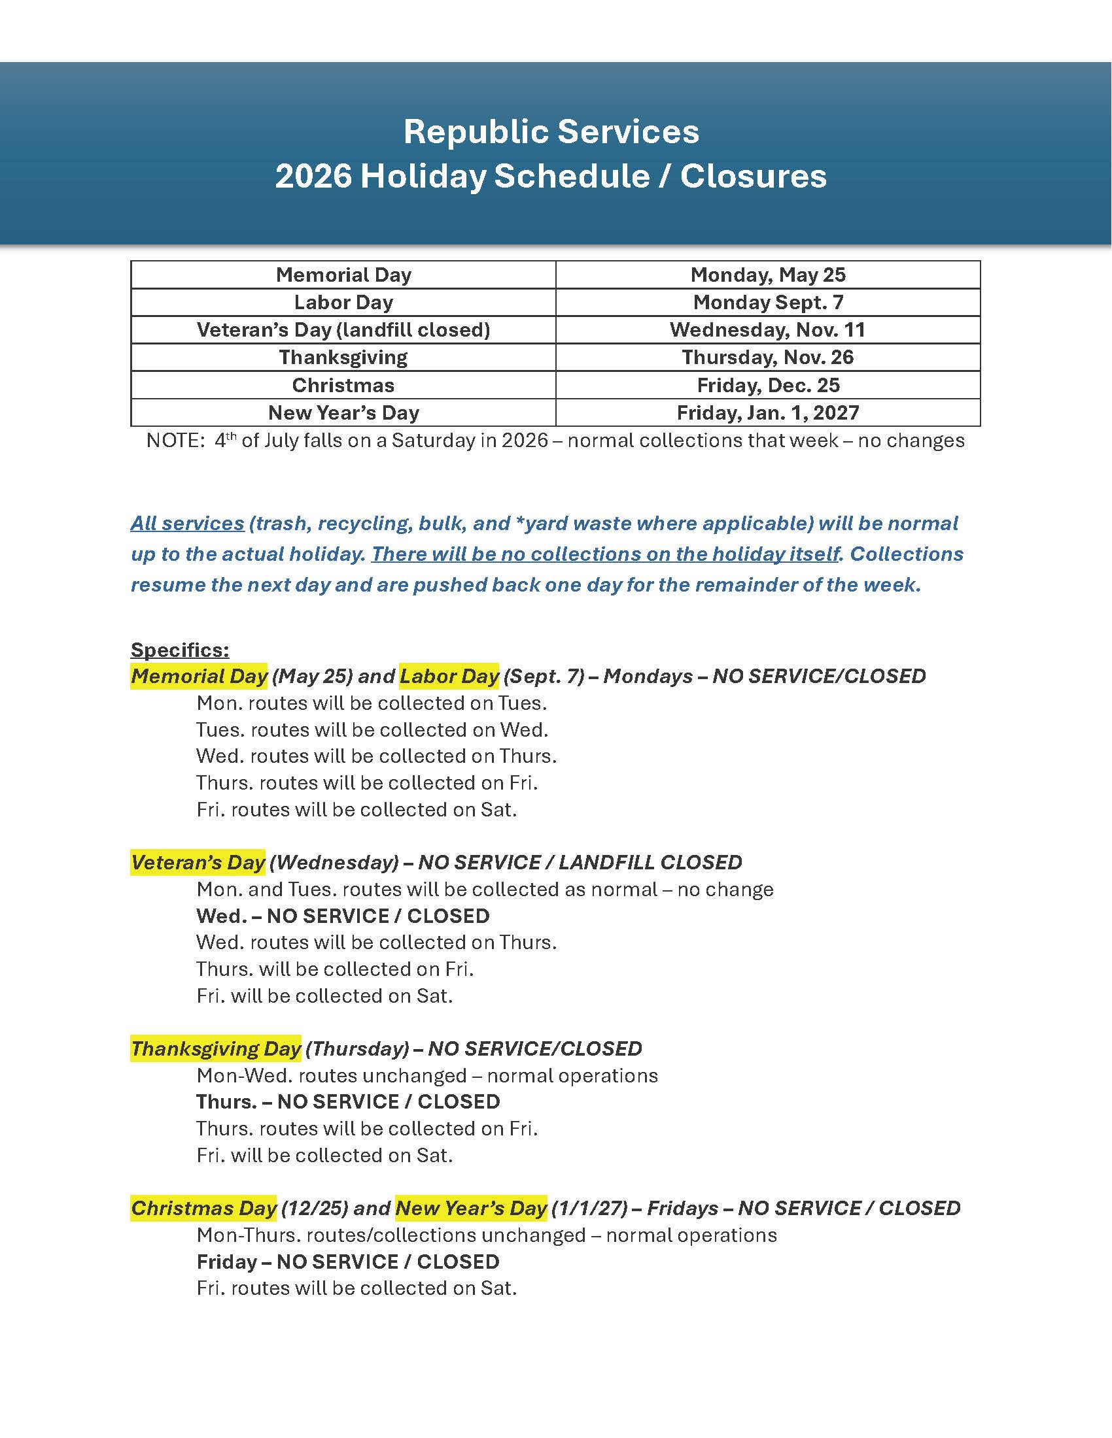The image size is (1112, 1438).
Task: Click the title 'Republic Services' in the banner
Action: tap(551, 131)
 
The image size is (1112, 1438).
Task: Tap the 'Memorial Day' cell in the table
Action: tap(343, 275)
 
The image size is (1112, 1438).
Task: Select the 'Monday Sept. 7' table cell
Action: tap(767, 302)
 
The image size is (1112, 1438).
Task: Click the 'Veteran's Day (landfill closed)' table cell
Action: tap(343, 330)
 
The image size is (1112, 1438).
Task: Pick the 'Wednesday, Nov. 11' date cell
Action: tap(767, 330)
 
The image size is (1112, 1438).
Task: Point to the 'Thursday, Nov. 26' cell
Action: tap(767, 358)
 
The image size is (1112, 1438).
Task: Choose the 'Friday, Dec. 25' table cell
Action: tap(767, 385)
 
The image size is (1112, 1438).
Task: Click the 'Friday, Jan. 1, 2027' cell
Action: tap(767, 413)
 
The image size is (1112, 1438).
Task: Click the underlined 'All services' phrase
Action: tap(187, 524)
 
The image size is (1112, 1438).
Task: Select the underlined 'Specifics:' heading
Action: tap(180, 650)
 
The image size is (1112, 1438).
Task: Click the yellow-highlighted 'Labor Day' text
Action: tap(449, 677)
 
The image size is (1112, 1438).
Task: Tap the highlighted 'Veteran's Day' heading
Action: tap(198, 863)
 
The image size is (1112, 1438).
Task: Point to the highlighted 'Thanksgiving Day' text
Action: tap(215, 1049)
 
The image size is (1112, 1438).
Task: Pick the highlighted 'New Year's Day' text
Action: tap(471, 1208)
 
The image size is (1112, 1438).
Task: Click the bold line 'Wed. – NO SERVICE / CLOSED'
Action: tap(343, 916)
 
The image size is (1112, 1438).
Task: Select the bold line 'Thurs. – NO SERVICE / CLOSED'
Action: tap(348, 1101)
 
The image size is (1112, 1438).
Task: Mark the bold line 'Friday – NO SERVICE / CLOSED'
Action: tap(348, 1262)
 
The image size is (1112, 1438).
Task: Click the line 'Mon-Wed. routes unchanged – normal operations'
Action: tap(427, 1076)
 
